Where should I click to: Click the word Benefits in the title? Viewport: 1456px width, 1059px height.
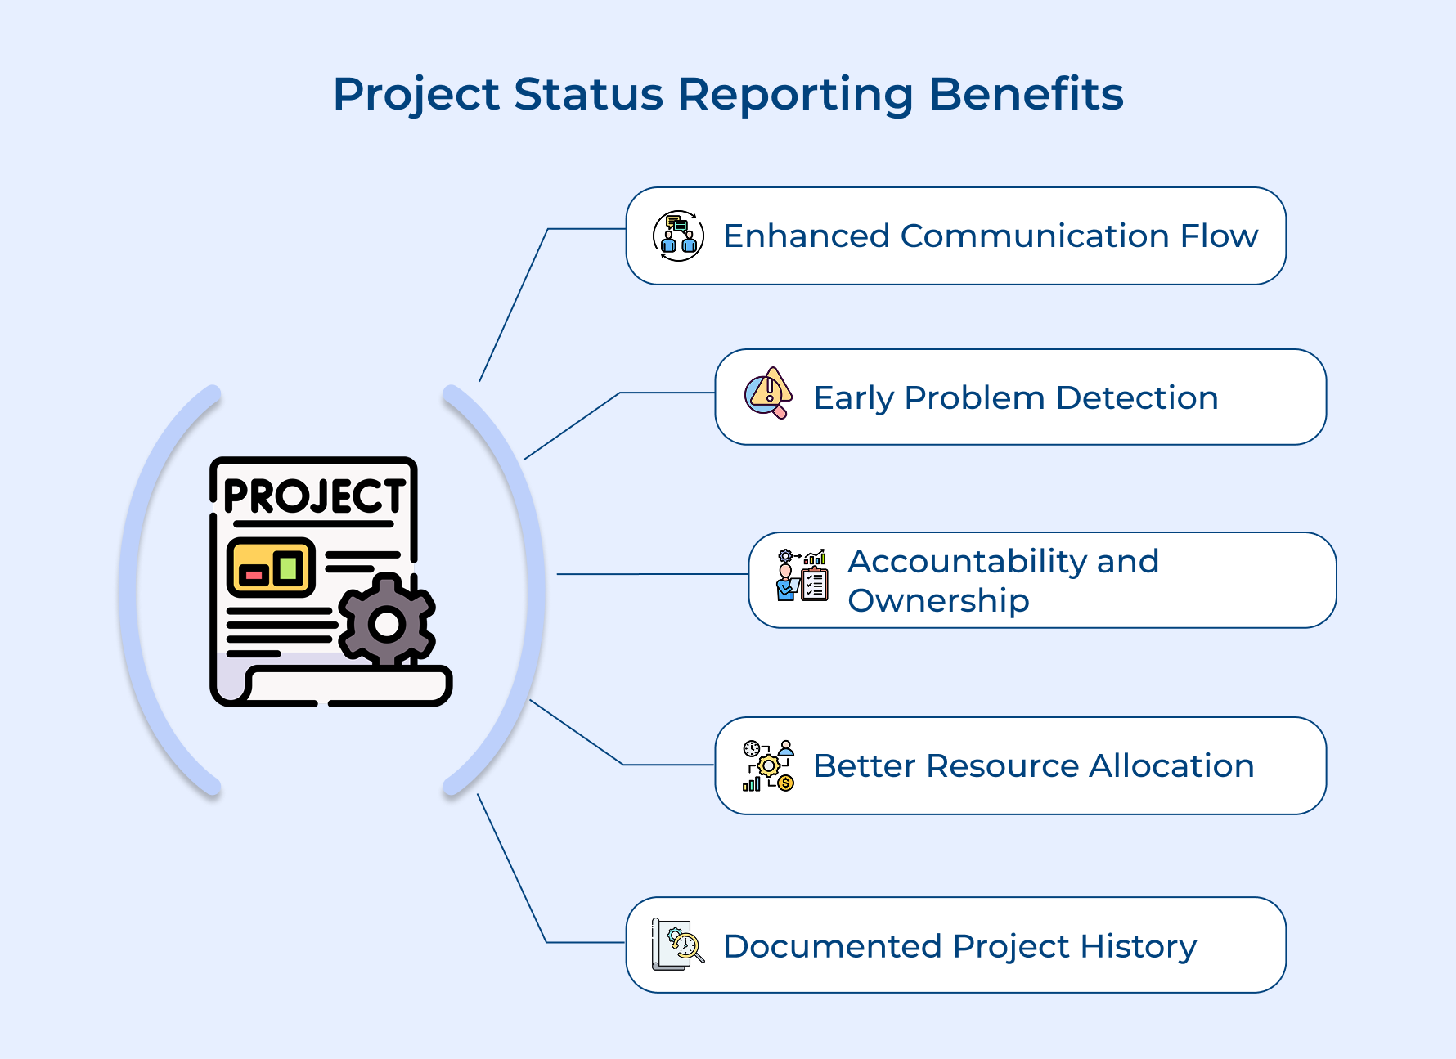click(x=1026, y=94)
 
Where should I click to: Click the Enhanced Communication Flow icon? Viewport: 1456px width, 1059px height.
click(x=678, y=236)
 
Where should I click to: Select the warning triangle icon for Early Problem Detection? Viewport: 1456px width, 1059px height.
click(x=768, y=393)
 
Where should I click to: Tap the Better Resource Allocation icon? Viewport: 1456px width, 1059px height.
click(x=768, y=765)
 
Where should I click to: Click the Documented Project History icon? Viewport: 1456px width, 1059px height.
click(x=677, y=945)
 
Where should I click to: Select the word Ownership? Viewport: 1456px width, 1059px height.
click(x=937, y=601)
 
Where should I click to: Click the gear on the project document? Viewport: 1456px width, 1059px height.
click(x=387, y=624)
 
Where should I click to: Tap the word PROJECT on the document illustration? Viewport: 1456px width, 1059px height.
click(x=314, y=496)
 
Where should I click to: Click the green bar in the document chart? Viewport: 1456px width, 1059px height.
click(x=288, y=567)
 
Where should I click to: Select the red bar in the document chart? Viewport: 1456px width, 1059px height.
click(x=254, y=575)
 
